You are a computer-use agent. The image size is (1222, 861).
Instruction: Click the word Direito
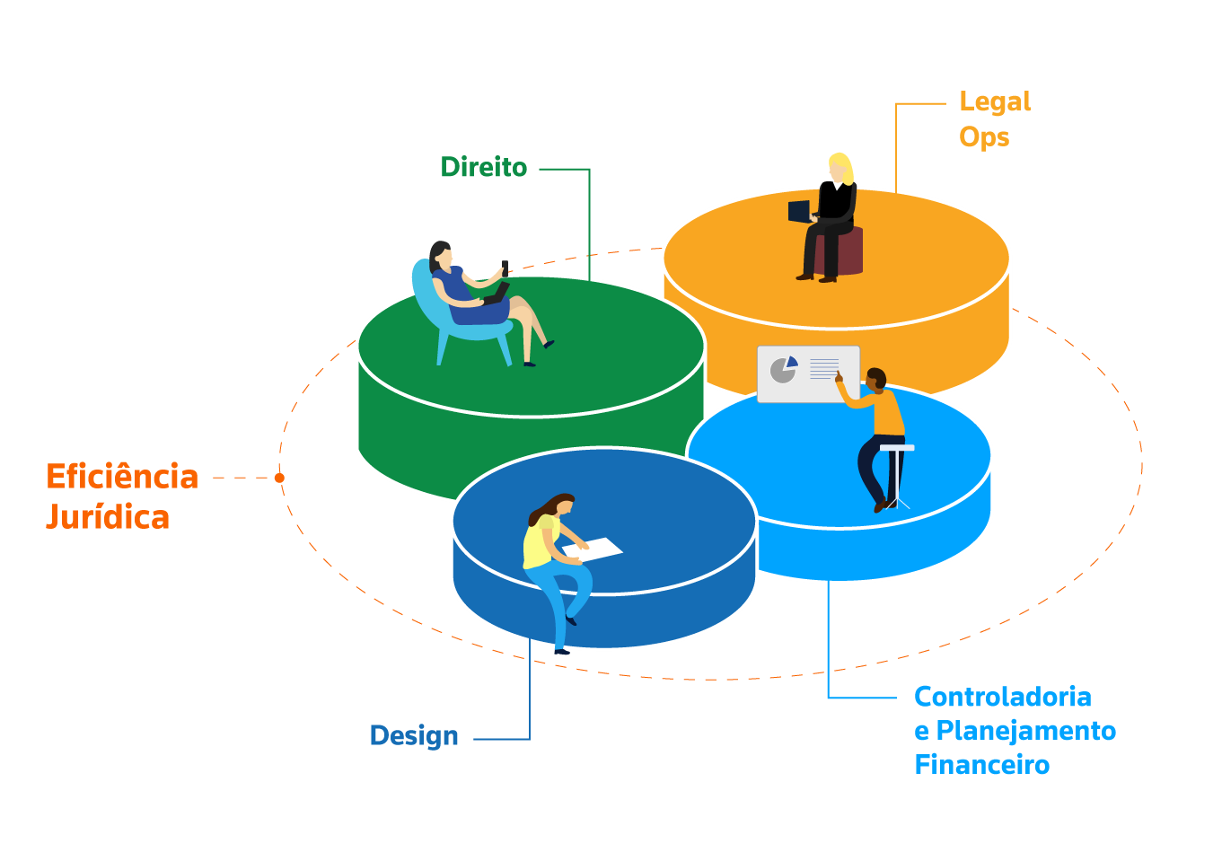click(483, 168)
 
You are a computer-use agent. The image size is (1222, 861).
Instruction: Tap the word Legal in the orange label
click(995, 102)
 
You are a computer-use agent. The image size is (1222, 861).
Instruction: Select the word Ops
click(984, 137)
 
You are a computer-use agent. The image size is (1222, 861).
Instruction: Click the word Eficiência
click(122, 477)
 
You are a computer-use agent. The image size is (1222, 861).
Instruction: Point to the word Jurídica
click(108, 518)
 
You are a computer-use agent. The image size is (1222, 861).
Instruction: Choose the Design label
click(414, 736)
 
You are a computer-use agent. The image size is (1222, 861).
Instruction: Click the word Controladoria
click(1002, 697)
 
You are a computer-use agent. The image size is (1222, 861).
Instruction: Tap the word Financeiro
click(981, 765)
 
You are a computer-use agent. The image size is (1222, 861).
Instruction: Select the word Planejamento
click(1025, 731)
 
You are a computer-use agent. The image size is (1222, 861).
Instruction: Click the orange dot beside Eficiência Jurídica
click(279, 478)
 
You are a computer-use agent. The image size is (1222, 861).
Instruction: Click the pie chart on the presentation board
click(784, 368)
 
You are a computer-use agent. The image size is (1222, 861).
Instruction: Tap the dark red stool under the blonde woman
click(848, 251)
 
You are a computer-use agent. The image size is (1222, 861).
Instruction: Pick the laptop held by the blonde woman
click(798, 212)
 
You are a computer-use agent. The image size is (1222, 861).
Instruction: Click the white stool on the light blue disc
click(897, 449)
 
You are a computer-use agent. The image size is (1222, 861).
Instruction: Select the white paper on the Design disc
click(593, 549)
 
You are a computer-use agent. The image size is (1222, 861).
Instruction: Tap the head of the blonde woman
click(839, 167)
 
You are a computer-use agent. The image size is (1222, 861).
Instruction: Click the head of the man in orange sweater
click(875, 378)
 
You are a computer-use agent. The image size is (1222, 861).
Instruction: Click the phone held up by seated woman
click(505, 267)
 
